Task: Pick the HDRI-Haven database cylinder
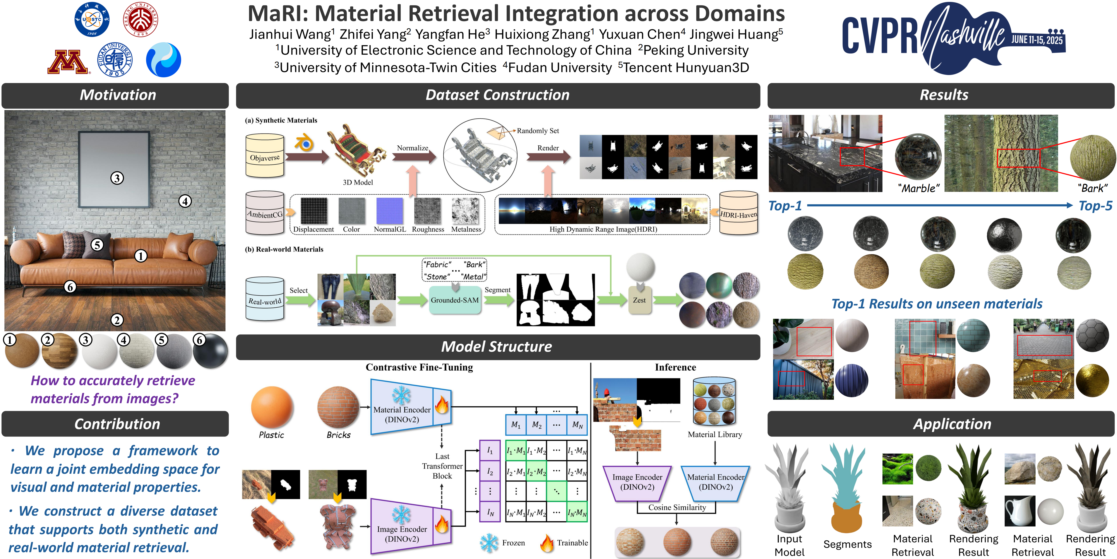point(738,214)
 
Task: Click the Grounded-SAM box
point(455,300)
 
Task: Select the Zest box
point(639,300)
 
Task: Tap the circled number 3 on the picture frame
point(117,178)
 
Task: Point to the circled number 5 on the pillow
point(97,245)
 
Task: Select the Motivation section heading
point(118,95)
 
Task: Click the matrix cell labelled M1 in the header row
point(516,425)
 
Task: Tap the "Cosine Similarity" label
point(677,507)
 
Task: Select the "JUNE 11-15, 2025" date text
point(1037,40)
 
